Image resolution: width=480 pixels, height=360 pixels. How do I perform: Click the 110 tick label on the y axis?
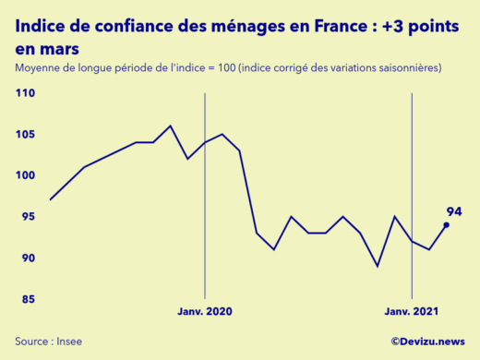(25, 93)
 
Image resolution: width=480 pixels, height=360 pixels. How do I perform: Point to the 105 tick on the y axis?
(25, 135)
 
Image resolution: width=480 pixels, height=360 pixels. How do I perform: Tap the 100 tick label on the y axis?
(25, 175)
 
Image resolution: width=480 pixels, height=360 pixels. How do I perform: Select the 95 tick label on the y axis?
(27, 217)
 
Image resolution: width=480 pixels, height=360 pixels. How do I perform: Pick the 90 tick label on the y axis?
(27, 258)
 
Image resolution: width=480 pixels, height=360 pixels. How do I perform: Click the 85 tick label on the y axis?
(27, 299)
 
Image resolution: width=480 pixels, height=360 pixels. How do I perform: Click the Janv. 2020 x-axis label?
(205, 312)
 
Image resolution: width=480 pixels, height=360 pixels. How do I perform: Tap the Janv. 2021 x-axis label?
(412, 312)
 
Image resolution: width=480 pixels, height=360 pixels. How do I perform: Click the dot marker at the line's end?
(446, 224)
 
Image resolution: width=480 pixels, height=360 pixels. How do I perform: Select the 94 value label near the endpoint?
(453, 211)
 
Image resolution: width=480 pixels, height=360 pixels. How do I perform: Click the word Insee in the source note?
(67, 342)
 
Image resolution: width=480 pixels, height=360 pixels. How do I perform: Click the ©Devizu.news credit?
(427, 342)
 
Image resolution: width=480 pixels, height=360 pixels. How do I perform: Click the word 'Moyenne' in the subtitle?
(39, 68)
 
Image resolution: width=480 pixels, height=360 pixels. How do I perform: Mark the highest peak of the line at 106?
(171, 126)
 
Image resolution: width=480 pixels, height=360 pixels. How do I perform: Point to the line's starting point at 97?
(51, 199)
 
